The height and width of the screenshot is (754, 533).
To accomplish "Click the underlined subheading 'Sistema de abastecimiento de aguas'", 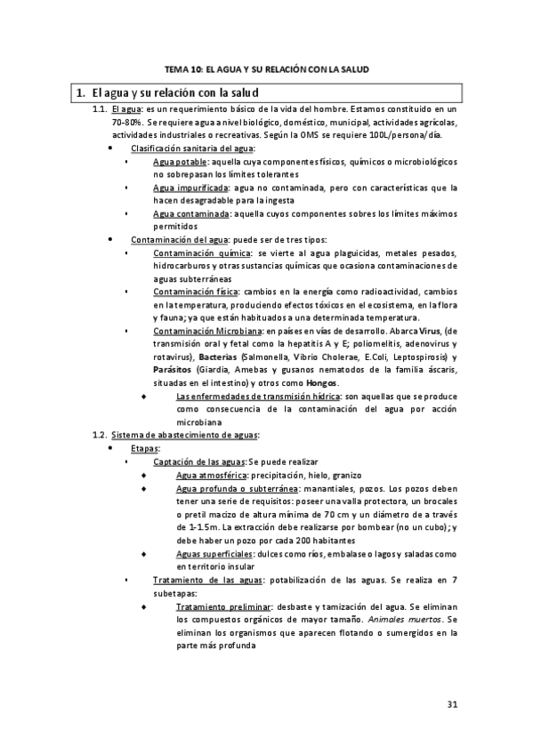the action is (x=186, y=434).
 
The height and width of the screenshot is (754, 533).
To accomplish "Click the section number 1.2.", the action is (x=100, y=434).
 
